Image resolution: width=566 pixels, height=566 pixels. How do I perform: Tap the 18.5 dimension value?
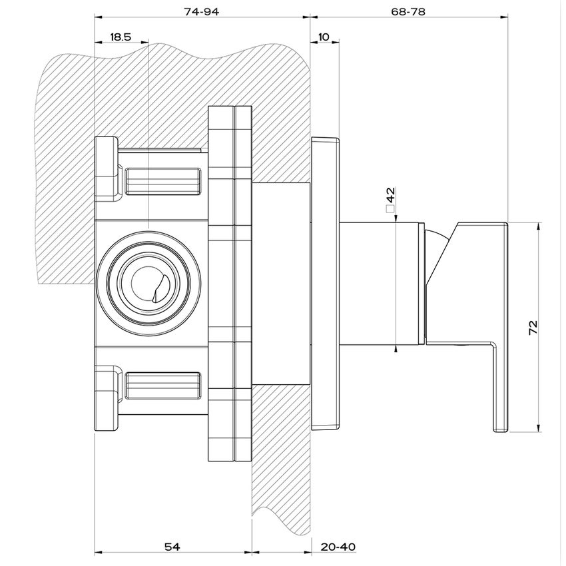coord(120,37)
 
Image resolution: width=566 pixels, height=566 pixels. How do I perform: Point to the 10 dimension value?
coord(324,37)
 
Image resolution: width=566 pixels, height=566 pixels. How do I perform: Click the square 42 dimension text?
coord(391,196)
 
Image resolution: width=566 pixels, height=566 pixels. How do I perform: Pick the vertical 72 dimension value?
coord(532,328)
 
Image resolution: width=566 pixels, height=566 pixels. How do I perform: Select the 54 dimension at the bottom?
coord(172,547)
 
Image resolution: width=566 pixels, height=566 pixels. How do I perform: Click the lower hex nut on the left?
coord(107,400)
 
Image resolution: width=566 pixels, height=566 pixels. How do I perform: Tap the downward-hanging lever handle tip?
coord(499,426)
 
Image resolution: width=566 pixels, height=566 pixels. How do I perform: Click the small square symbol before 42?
coord(391,209)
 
